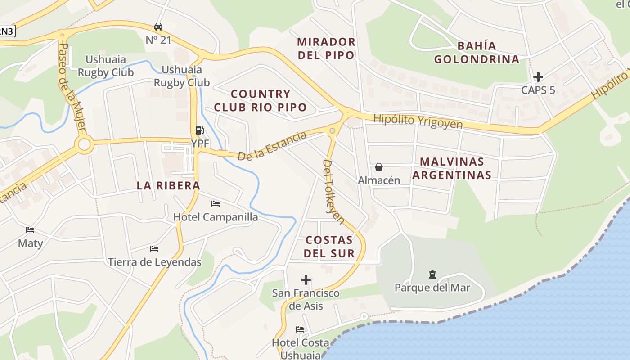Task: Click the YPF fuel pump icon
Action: point(199,130)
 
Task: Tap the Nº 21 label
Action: point(158,40)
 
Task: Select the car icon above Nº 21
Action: point(158,26)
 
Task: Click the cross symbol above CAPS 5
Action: point(538,76)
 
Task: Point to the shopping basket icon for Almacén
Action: point(379,167)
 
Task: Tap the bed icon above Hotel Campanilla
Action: point(216,204)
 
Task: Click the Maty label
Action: point(30,243)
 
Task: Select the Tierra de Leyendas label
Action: point(154,262)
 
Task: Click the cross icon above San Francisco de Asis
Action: point(306,280)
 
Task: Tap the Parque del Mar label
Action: point(432,288)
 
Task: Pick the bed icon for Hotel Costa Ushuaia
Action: point(300,329)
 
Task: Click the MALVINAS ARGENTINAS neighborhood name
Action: point(451,168)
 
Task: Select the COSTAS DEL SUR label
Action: point(329,246)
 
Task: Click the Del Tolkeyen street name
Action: point(333,191)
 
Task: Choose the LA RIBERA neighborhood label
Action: point(168,185)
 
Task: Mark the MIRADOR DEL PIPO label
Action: point(326,49)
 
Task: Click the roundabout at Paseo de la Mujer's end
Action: point(84,144)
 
